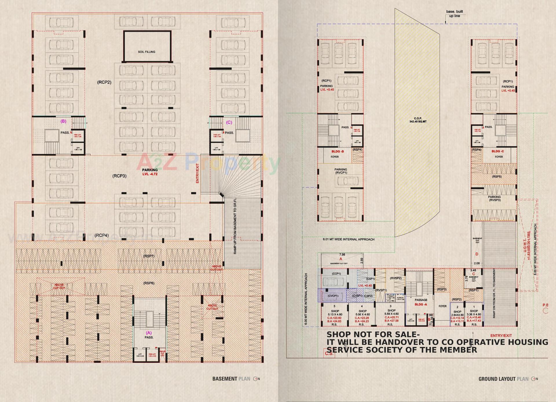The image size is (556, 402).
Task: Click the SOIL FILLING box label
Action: (147, 52)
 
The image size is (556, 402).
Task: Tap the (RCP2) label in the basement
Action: (104, 82)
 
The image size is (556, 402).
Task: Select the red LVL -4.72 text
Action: (150, 174)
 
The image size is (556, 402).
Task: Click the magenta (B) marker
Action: (63, 121)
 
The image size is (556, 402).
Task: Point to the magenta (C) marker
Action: (229, 122)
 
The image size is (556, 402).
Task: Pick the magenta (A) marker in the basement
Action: (149, 333)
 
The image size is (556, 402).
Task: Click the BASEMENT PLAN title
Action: (231, 379)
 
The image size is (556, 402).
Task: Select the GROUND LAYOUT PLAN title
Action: (503, 379)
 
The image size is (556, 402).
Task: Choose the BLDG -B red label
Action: (338, 152)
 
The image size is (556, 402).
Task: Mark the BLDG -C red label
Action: (498, 151)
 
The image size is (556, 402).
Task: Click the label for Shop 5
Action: (335, 311)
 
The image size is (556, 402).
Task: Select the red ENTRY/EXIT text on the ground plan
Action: (501, 336)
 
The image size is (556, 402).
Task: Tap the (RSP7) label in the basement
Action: (149, 256)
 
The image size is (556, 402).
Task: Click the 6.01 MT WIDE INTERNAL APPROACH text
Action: (349, 239)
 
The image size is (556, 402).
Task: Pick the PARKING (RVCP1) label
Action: (341, 171)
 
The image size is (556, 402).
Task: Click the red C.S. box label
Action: (329, 354)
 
